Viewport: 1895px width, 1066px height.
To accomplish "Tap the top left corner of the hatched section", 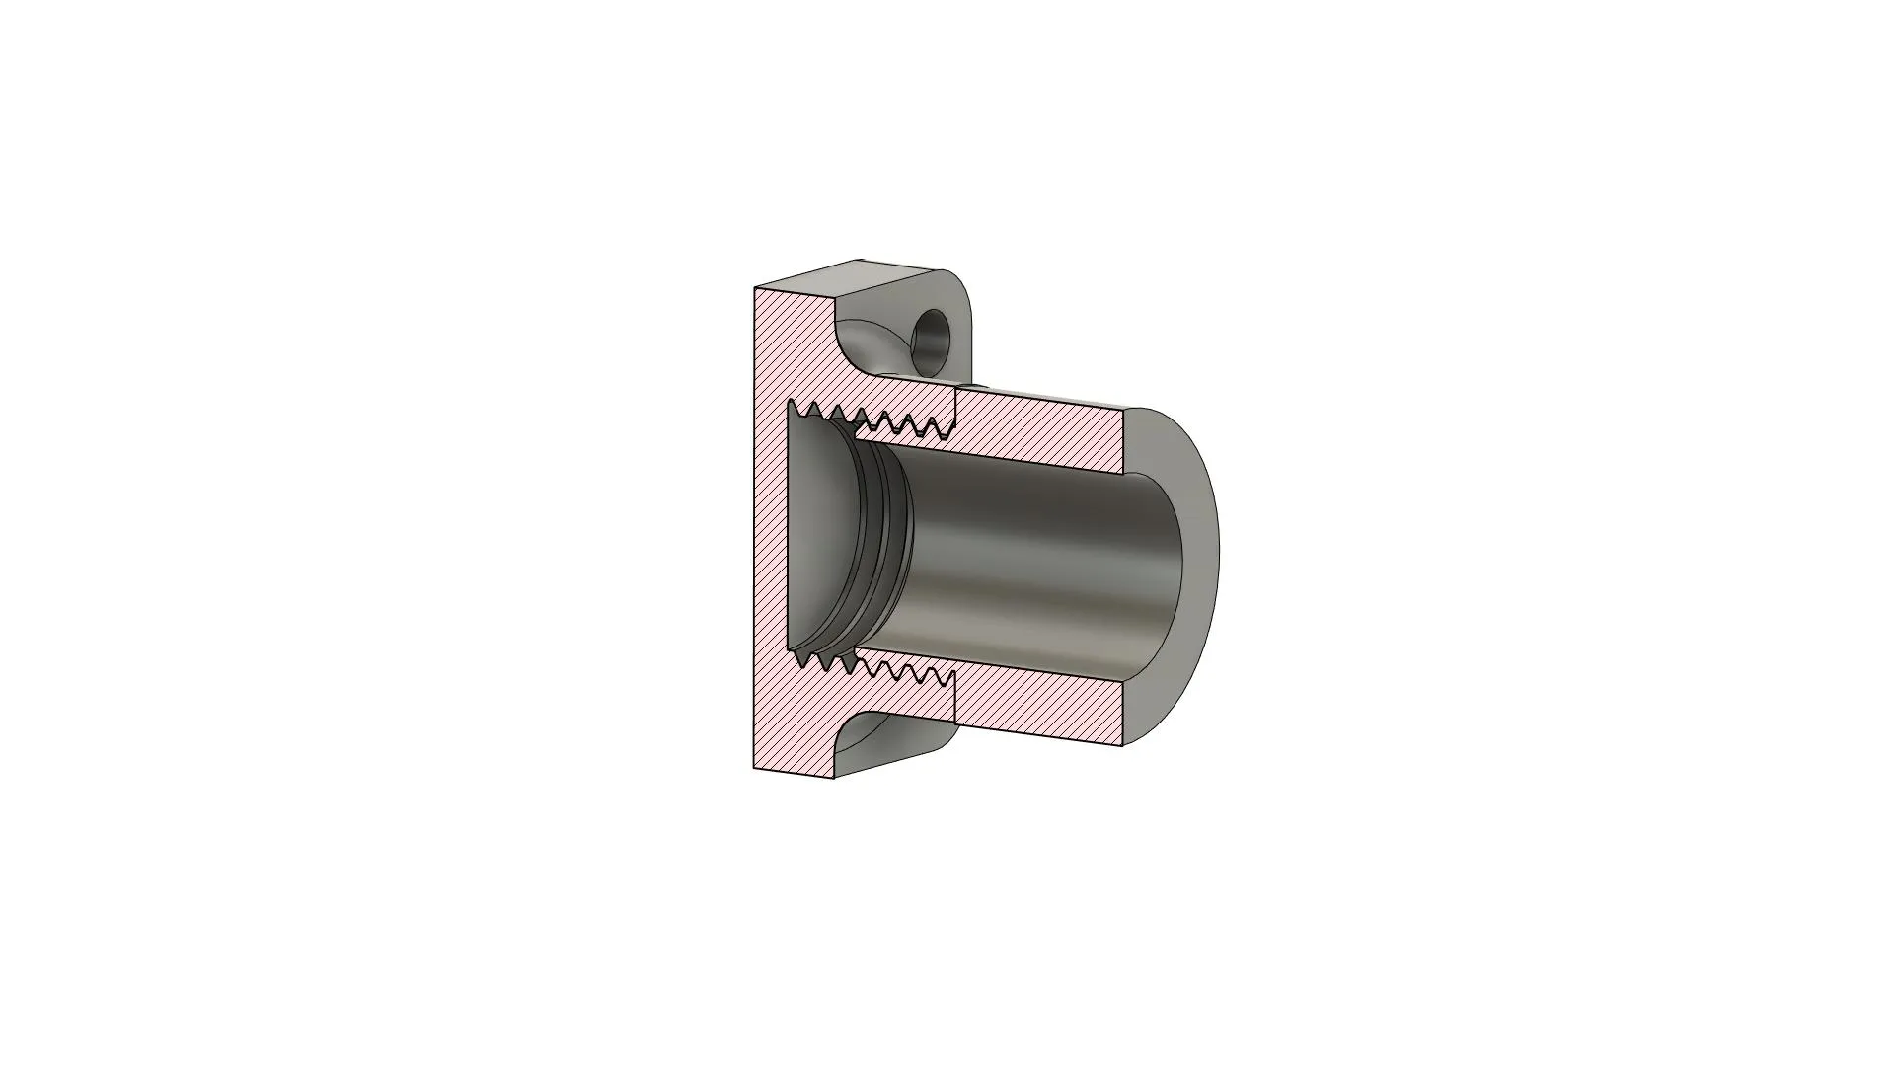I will tap(756, 290).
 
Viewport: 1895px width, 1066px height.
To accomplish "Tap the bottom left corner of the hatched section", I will tap(756, 768).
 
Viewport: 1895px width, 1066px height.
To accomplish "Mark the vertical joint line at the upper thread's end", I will tap(956, 410).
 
